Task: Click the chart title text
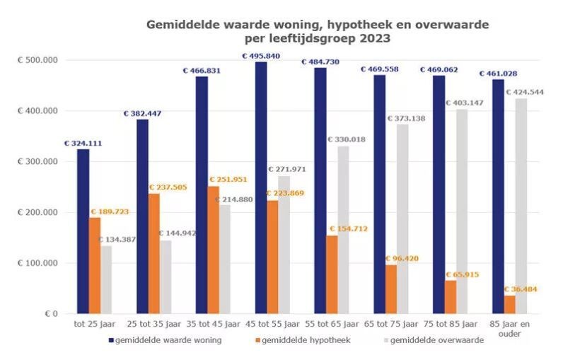click(x=317, y=32)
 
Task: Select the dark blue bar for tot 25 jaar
click(x=83, y=231)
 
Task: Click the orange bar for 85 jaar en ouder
click(x=510, y=304)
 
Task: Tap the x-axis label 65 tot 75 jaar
click(x=391, y=325)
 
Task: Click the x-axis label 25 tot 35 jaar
click(x=154, y=325)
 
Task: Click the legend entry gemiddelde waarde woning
click(x=168, y=340)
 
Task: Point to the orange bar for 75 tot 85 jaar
click(x=451, y=297)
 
